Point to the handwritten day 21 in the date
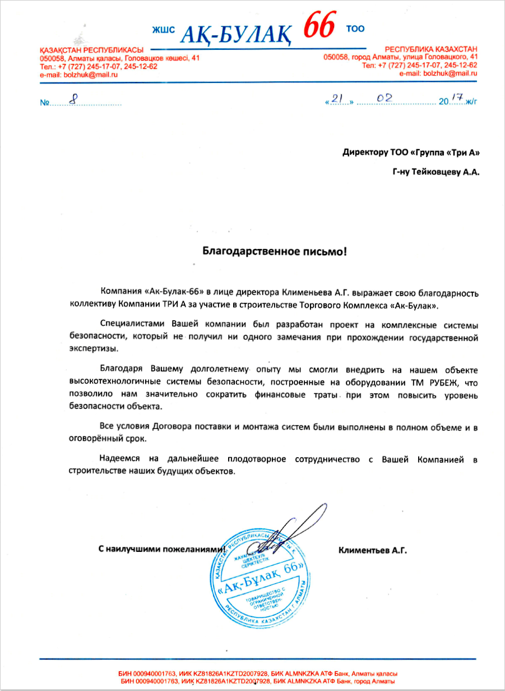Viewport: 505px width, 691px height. click(x=337, y=99)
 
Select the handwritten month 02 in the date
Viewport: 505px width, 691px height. click(x=384, y=98)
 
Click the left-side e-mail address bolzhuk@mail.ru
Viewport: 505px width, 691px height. click(x=78, y=74)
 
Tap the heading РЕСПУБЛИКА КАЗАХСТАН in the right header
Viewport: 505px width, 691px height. click(x=431, y=49)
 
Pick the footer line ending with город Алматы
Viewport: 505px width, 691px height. click(x=257, y=681)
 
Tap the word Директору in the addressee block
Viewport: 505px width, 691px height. click(x=365, y=152)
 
